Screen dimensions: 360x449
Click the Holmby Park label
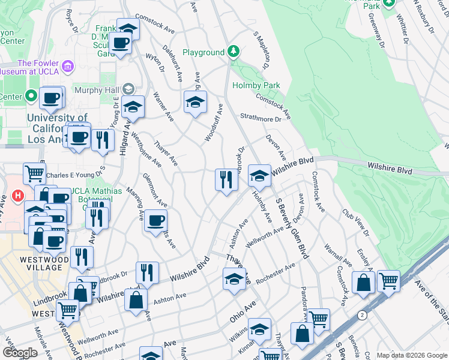[x=256, y=86]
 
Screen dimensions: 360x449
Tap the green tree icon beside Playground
[x=234, y=52]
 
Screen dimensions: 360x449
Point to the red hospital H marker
[x=18, y=196]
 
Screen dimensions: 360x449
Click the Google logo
[x=20, y=353]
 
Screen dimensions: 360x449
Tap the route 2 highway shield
[x=361, y=315]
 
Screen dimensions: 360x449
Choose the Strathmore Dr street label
[x=261, y=119]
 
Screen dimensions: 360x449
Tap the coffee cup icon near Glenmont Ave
[x=156, y=221]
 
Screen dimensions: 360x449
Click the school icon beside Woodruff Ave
[x=195, y=103]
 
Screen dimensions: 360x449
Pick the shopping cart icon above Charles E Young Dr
[x=35, y=174]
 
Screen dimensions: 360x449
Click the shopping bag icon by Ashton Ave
[x=136, y=299]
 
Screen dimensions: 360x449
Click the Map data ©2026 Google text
[x=412, y=355]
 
